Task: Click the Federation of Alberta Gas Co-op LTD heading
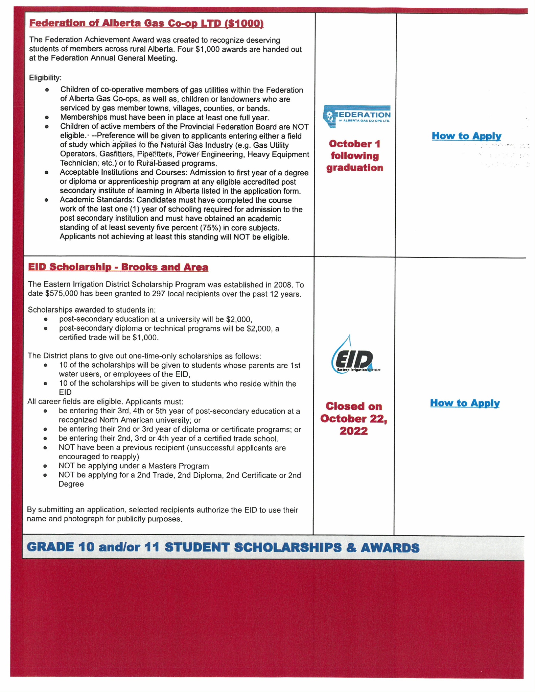pos(146,23)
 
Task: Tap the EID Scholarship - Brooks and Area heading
pos(118,267)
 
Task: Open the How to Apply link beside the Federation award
pos(466,136)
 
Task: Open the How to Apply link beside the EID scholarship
pos(465,403)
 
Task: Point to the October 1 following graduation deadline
pos(354,156)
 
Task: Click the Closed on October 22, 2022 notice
pos(353,419)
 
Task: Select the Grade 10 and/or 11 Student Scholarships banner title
pos(223,547)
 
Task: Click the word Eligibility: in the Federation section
pos(45,78)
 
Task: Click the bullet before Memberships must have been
pos(47,118)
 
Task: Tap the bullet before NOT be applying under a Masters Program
pos(45,466)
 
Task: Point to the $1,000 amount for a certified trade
pos(146,338)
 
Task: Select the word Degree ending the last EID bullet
pos(71,484)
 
